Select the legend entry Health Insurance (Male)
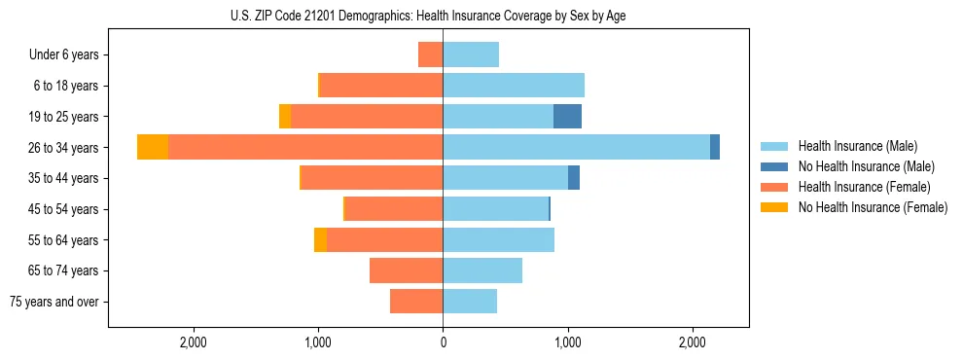pos(857,146)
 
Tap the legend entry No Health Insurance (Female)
pos(873,207)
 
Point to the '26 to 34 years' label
pos(63,148)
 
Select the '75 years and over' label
pos(54,302)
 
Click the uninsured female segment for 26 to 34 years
pos(153,147)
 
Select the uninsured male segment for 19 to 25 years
pos(567,117)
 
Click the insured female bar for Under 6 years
pos(430,54)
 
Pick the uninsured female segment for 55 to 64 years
pos(320,239)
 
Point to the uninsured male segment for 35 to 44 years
pos(574,178)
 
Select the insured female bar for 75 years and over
pos(416,302)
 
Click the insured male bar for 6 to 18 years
pos(514,86)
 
